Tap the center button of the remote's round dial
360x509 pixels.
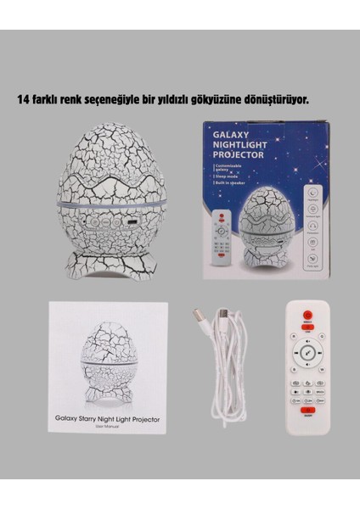point(307,355)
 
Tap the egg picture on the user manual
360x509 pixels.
point(106,366)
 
